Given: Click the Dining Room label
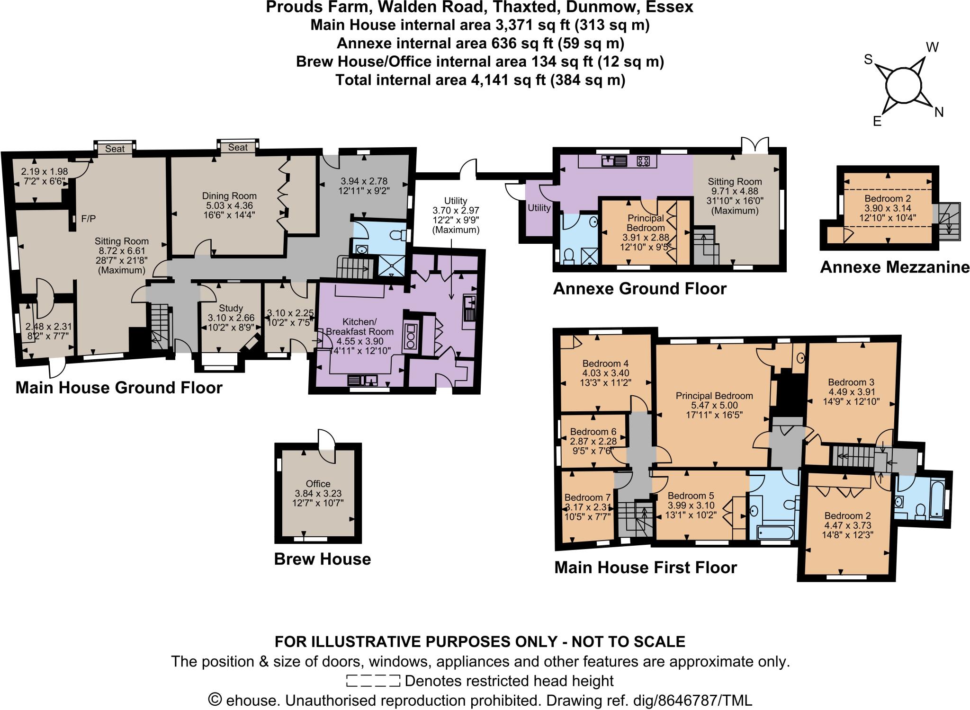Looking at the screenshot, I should point(229,196).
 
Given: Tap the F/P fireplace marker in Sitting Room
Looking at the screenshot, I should point(88,219).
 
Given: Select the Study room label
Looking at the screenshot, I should point(231,308).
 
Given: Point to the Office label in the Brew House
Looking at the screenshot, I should point(318,484).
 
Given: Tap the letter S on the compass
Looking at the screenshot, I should point(868,72).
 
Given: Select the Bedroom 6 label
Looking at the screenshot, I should point(593,432).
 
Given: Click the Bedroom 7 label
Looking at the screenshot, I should point(587,497).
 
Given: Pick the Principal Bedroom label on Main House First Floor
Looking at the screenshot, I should point(714,396).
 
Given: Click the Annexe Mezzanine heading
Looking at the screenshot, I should point(895,267).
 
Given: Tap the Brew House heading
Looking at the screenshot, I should point(323,559).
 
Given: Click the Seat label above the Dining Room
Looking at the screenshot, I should point(238,147).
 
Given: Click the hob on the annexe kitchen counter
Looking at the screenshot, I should point(643,161).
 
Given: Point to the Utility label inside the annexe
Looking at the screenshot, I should point(539,208).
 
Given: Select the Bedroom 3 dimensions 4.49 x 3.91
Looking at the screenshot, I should point(851,392).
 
